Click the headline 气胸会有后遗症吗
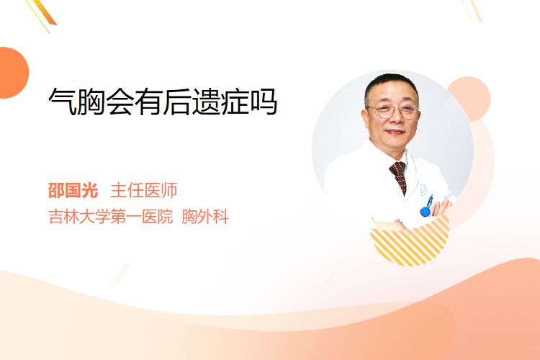click(x=163, y=102)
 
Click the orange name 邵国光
click(x=73, y=190)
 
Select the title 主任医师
click(x=144, y=190)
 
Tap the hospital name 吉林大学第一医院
click(x=111, y=217)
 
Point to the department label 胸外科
click(x=205, y=217)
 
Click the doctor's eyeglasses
click(x=392, y=111)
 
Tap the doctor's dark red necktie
click(x=399, y=176)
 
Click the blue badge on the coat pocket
click(x=426, y=211)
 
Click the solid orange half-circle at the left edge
click(x=14, y=73)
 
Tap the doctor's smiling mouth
click(x=395, y=132)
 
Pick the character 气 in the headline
click(x=63, y=102)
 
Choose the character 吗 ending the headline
click(x=264, y=102)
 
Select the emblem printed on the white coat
click(x=423, y=189)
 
